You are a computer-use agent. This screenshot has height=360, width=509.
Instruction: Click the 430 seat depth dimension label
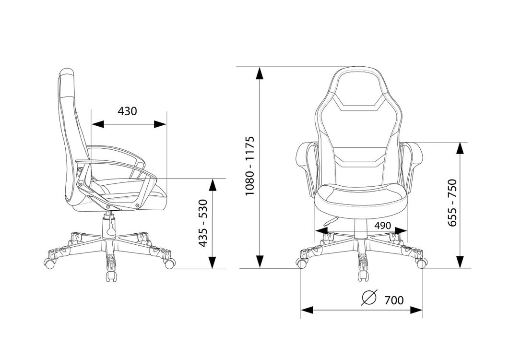tap(127, 111)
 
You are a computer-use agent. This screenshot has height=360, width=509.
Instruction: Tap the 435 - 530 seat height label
tap(203, 223)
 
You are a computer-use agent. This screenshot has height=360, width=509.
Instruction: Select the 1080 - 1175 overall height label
tap(250, 166)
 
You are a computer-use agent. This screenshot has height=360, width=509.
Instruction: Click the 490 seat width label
tap(382, 226)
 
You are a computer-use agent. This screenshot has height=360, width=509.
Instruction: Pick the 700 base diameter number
tap(394, 300)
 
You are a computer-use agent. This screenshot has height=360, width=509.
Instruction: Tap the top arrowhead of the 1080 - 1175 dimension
tap(260, 73)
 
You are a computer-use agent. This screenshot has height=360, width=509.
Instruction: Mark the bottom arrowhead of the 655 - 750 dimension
tap(460, 262)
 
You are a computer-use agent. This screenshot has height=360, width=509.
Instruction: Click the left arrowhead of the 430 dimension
tap(98, 124)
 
